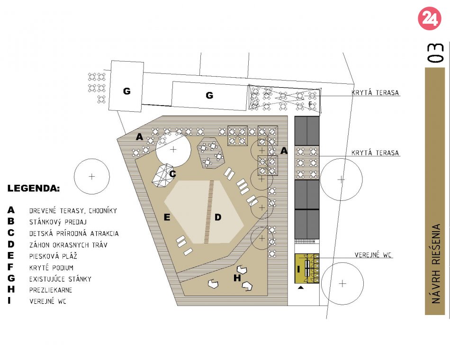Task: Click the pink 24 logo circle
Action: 429,18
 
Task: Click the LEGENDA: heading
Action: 34,189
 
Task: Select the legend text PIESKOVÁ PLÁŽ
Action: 53,256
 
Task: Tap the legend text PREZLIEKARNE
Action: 51,290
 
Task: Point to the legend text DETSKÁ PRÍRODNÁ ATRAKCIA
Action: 74,234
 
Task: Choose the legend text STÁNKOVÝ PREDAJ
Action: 58,222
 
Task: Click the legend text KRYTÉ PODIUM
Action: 51,268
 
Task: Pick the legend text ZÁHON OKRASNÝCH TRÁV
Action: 68,245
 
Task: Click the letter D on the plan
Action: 218,217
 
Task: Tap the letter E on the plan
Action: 167,217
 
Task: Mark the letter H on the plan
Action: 237,278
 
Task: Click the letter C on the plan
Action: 172,174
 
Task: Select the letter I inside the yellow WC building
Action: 298,269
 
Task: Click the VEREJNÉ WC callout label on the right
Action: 373,255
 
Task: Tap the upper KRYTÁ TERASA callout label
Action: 375,93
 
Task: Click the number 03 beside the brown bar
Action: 435,53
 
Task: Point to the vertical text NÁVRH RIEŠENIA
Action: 436,263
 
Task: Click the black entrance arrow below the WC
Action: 300,288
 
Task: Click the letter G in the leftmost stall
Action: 127,91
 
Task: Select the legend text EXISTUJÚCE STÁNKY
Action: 60,279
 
